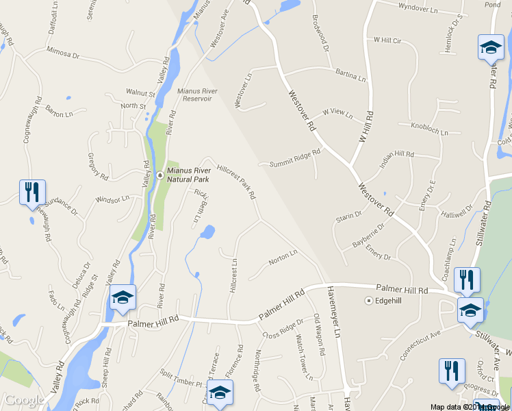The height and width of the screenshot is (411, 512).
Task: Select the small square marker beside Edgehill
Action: click(x=368, y=300)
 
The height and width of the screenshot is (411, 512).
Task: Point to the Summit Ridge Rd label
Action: click(x=294, y=159)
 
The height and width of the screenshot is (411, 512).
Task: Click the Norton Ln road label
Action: click(x=283, y=258)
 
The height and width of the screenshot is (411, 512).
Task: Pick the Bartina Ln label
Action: click(x=350, y=74)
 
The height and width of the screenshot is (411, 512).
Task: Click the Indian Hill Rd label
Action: click(x=397, y=159)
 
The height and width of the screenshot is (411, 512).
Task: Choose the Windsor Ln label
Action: click(x=112, y=200)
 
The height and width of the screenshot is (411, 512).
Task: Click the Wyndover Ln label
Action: click(x=418, y=9)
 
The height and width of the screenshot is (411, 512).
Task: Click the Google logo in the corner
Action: click(x=24, y=400)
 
